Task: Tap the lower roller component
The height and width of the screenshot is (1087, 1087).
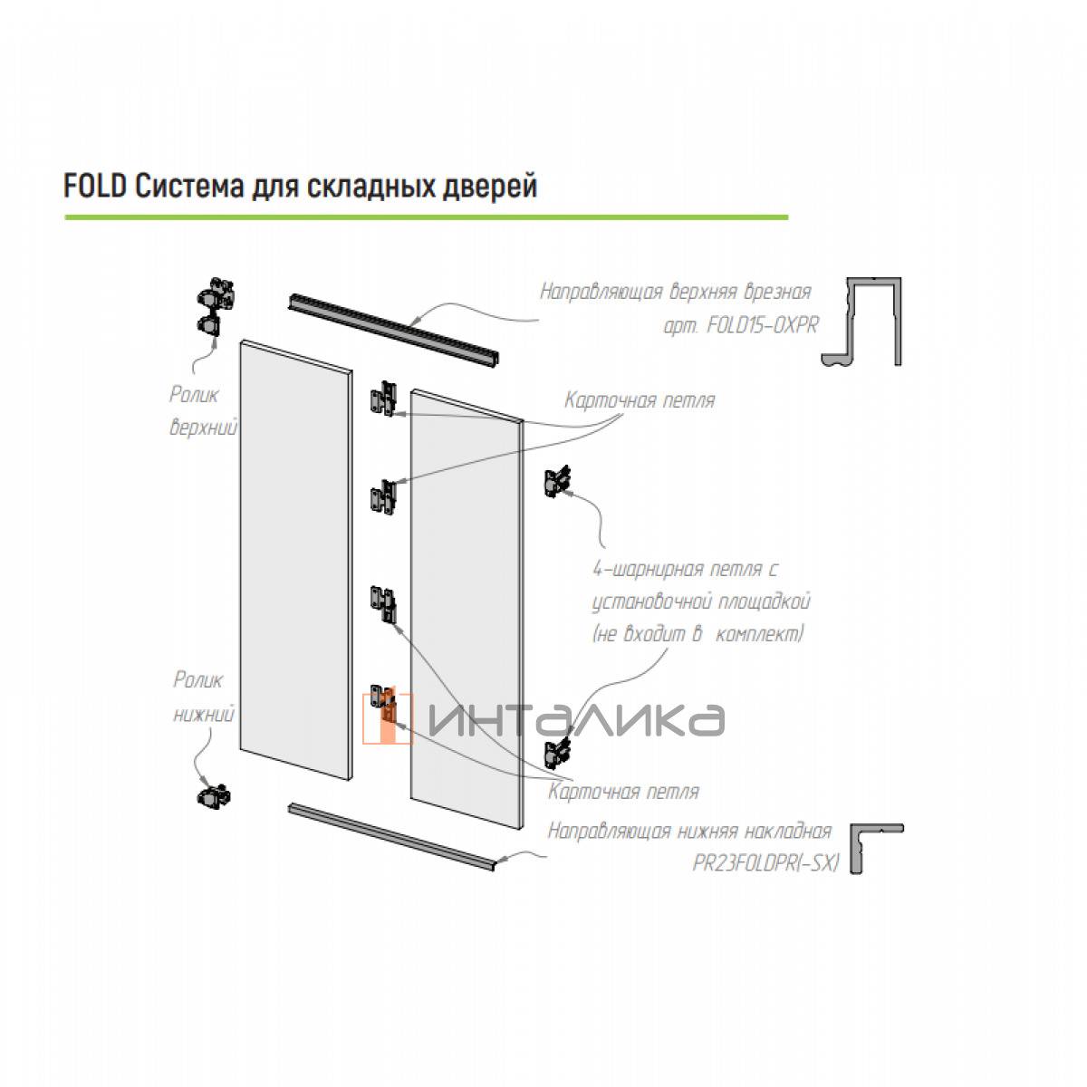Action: (215, 796)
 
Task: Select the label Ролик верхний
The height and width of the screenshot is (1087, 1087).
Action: (203, 410)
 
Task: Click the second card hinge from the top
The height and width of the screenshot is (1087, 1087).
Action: (382, 497)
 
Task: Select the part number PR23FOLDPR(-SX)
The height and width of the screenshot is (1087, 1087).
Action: (766, 863)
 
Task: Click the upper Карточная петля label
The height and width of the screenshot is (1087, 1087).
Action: (639, 400)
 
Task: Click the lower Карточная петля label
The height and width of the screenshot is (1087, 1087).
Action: (623, 792)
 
